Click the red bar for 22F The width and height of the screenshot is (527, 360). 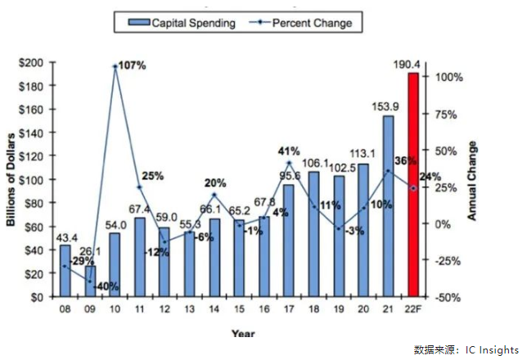point(413,185)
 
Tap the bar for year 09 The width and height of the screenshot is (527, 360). point(89,281)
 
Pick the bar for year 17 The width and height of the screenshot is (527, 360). point(289,241)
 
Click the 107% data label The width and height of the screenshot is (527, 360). point(131,65)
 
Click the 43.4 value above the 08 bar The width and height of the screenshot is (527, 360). point(65,237)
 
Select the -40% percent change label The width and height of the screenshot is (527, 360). point(106,287)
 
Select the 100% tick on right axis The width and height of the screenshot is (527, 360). point(448,77)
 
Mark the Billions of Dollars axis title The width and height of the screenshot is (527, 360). point(12,180)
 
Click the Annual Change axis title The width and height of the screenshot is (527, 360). point(472,180)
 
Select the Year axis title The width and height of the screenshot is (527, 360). point(242,333)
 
